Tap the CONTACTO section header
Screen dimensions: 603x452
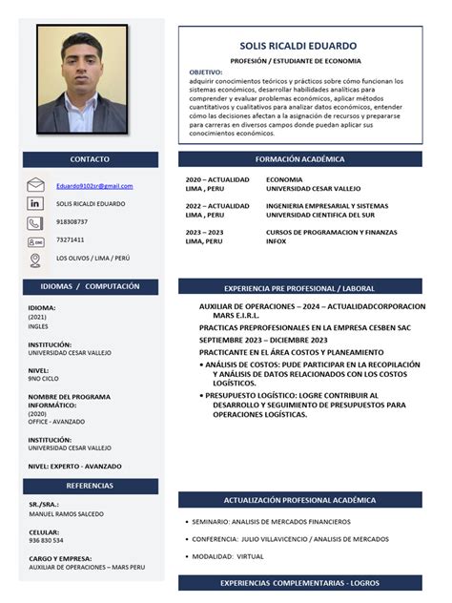[90, 159]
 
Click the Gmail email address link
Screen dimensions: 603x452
[94, 186]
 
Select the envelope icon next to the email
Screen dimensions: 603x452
[36, 186]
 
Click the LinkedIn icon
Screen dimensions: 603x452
[36, 204]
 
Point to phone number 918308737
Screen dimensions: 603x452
[72, 222]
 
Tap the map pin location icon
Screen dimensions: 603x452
[36, 260]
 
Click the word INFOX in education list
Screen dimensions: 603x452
[276, 241]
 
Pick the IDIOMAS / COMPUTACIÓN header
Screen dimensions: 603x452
[90, 286]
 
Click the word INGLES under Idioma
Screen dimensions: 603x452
[38, 326]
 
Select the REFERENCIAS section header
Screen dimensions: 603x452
[90, 486]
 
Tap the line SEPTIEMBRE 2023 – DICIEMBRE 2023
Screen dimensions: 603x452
[263, 340]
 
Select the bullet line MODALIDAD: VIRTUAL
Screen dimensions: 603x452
[228, 555]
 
